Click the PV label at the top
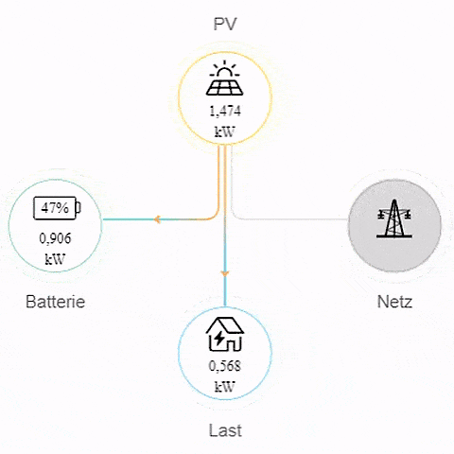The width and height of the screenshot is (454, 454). click(225, 24)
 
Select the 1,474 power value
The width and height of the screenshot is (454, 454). click(225, 112)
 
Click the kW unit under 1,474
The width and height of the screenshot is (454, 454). click(225, 131)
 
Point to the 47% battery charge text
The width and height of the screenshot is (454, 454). click(55, 208)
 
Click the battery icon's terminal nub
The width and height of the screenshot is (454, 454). click(79, 207)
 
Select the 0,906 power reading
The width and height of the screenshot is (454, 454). click(55, 238)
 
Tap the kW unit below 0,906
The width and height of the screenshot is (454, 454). click(55, 259)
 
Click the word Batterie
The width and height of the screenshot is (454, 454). click(55, 302)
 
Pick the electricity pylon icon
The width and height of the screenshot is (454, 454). click(394, 218)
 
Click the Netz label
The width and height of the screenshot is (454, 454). click(394, 302)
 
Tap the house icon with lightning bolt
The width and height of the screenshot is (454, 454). click(225, 334)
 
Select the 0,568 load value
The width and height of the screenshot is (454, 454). click(225, 366)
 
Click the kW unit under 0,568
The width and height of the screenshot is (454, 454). click(225, 387)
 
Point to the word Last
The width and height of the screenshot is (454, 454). click(225, 430)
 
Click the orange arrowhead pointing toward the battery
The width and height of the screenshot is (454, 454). click(157, 219)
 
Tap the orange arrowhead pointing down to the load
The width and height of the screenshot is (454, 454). click(224, 273)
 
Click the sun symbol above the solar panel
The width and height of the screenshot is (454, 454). click(224, 69)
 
